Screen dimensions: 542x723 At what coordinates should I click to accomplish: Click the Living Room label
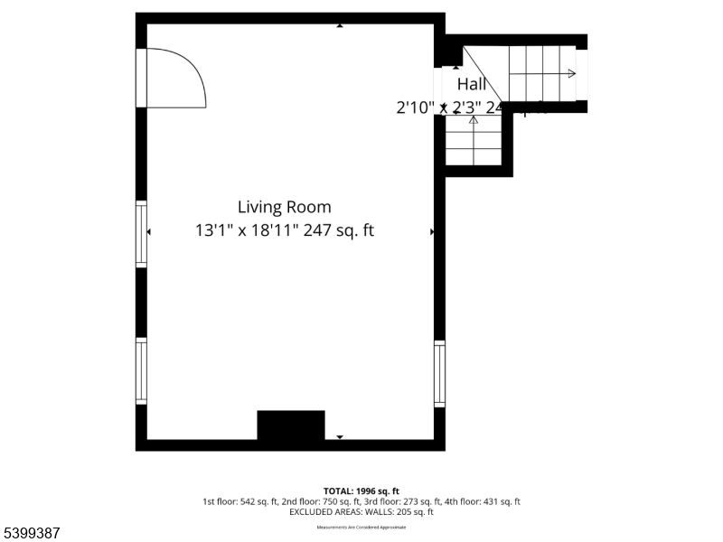tap(284, 207)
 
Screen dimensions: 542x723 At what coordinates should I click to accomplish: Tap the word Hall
tap(471, 84)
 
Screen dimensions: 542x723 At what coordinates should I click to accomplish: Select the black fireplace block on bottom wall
tap(290, 425)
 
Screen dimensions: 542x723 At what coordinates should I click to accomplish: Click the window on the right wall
tap(439, 373)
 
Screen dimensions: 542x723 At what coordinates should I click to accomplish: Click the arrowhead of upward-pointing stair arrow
tap(474, 119)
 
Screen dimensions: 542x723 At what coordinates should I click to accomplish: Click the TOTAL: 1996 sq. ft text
tap(361, 491)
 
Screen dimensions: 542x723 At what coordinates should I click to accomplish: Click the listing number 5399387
tap(32, 533)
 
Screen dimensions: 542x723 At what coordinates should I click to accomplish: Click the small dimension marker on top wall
tap(340, 25)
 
